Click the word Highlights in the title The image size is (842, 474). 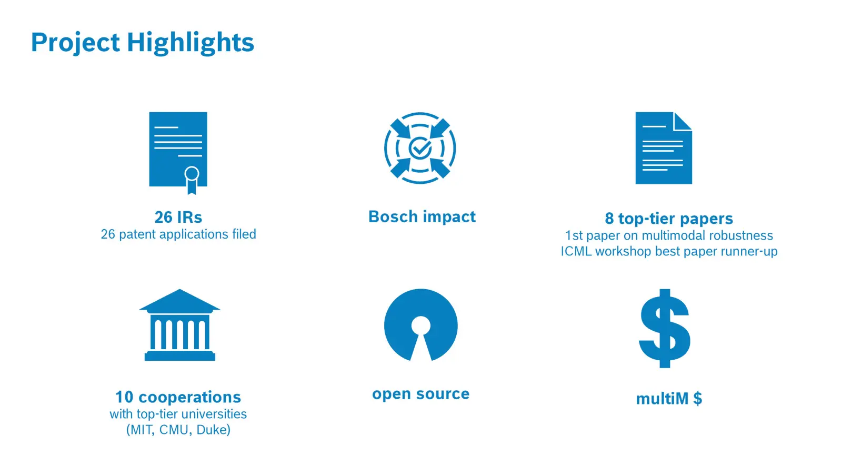click(190, 43)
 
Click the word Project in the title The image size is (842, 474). click(75, 43)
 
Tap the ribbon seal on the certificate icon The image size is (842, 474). click(192, 180)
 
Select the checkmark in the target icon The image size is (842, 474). click(420, 148)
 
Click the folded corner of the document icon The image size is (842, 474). click(682, 121)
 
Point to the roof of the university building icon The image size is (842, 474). click(179, 301)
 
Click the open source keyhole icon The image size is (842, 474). click(420, 324)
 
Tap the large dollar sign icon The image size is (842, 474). click(665, 328)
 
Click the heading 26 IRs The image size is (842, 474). click(178, 217)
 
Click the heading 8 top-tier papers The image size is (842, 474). click(669, 219)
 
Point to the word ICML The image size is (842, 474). click(576, 251)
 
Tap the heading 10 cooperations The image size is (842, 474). click(178, 397)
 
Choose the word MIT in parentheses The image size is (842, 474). click(142, 430)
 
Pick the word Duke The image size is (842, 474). click(211, 430)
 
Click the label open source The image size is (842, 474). click(420, 394)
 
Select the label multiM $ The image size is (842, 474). click(669, 398)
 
